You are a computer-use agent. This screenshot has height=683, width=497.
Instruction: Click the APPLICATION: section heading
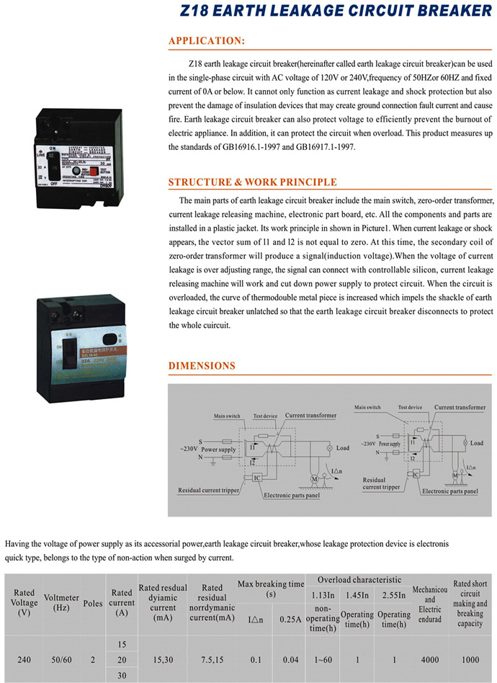207,41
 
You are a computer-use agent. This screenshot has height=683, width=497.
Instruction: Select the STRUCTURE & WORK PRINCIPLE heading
252,182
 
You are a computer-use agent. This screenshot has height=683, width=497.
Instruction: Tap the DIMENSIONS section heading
202,366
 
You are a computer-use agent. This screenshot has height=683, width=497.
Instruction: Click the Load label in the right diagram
476,443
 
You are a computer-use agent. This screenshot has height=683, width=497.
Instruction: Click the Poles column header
93,604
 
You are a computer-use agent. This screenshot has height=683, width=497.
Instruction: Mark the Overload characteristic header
359,579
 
